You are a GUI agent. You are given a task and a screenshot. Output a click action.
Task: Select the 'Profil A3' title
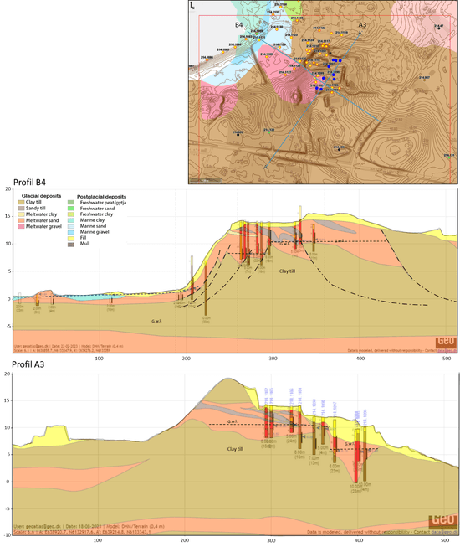tap(27, 366)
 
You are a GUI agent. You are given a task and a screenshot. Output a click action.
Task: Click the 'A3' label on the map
tap(362, 25)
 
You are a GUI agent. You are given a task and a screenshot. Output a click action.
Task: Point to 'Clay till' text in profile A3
tap(238, 450)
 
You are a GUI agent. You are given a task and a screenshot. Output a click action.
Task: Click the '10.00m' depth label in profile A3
tap(355, 485)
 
